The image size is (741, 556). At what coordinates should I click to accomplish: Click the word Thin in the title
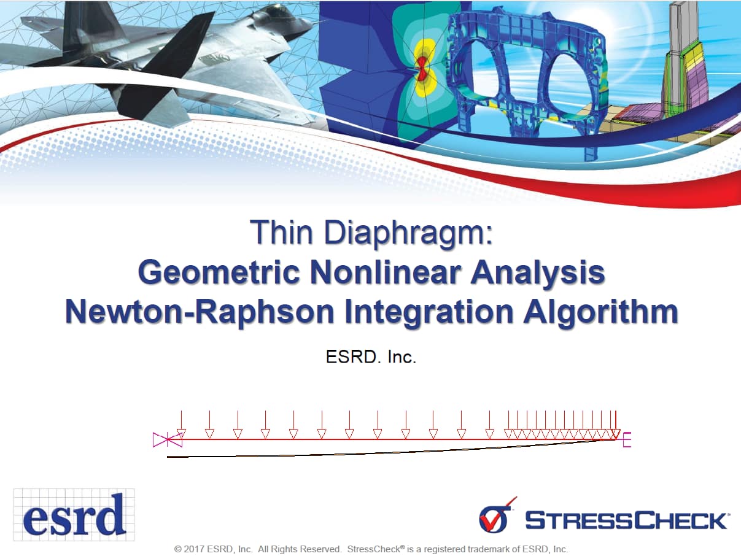(x=281, y=232)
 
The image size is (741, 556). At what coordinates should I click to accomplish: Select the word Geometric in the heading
(x=219, y=272)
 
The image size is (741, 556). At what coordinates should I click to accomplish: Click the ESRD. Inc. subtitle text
(x=371, y=357)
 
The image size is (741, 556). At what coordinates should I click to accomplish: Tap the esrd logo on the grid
(x=74, y=514)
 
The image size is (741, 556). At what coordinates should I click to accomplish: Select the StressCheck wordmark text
(x=626, y=520)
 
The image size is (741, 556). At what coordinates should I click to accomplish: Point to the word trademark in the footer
(x=490, y=549)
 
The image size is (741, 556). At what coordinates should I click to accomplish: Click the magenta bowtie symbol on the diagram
(x=168, y=439)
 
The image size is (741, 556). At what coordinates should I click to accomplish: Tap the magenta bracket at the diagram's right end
(x=627, y=439)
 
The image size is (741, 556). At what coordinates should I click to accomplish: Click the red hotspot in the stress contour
(x=422, y=69)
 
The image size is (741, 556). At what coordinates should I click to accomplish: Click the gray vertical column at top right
(x=683, y=50)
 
